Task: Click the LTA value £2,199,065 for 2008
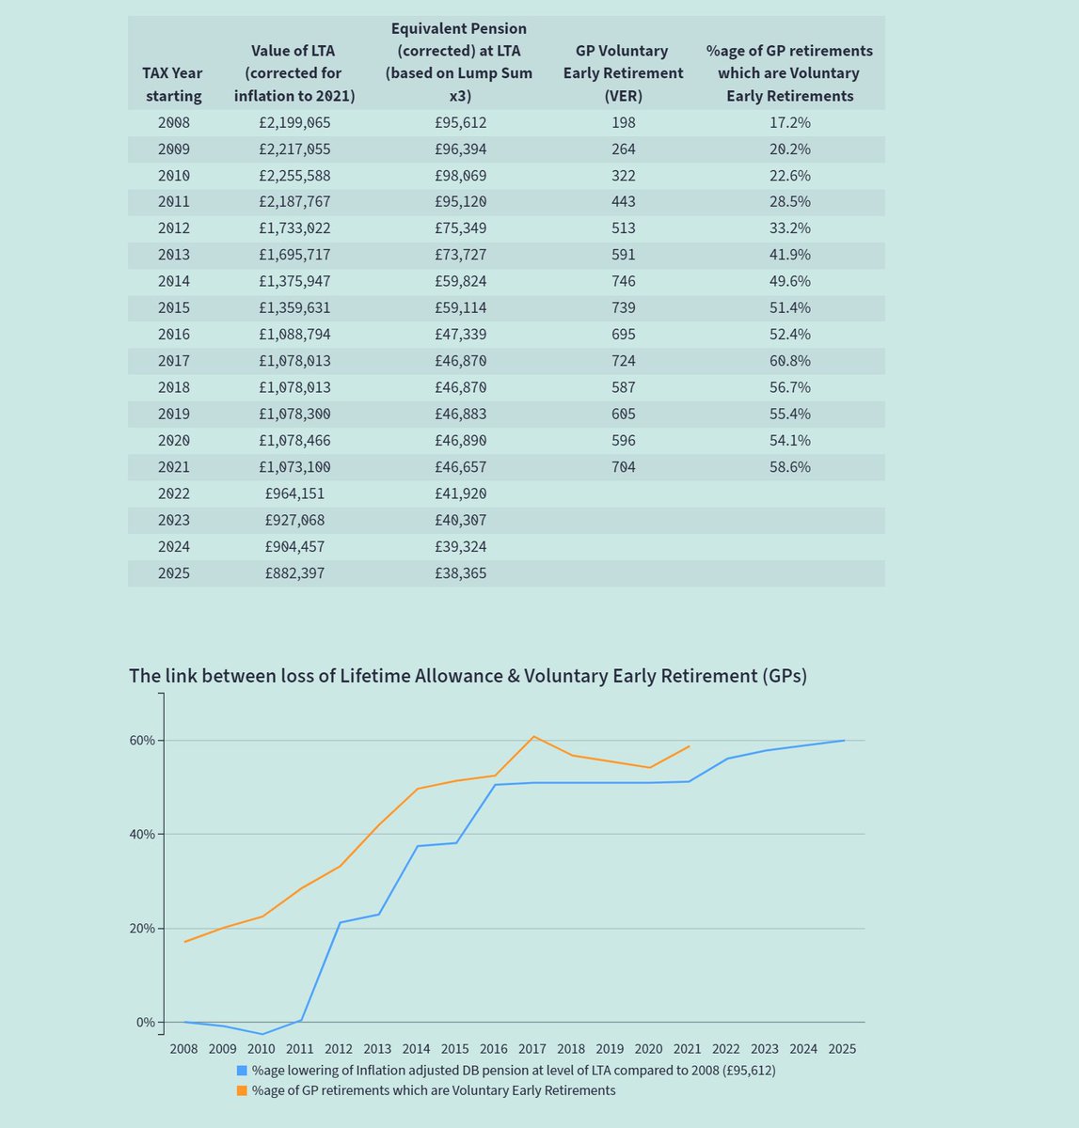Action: click(x=295, y=123)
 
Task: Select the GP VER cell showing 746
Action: click(x=622, y=281)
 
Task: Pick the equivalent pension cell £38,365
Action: click(x=461, y=572)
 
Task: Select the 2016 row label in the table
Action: click(x=173, y=335)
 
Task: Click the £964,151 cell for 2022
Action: click(x=295, y=493)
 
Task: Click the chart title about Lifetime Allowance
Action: click(x=468, y=676)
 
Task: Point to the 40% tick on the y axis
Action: click(x=143, y=835)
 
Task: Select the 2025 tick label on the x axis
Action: click(x=842, y=1049)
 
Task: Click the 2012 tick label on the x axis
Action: click(x=339, y=1049)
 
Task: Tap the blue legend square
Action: click(x=243, y=1071)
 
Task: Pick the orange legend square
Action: click(x=243, y=1090)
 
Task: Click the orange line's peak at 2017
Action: click(x=533, y=736)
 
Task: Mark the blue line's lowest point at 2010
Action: click(x=262, y=1034)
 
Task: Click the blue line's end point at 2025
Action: click(x=844, y=741)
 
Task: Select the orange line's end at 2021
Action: click(x=690, y=746)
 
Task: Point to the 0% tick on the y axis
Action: click(x=145, y=1023)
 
